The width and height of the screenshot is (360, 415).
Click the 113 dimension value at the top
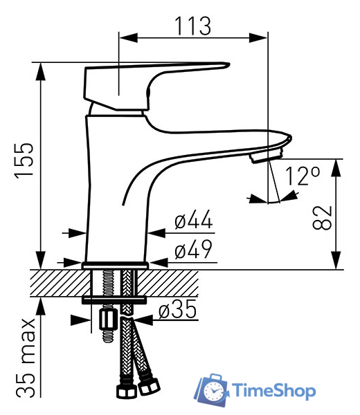193,26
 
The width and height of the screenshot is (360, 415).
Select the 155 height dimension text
24,160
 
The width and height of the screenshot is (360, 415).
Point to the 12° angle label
303,176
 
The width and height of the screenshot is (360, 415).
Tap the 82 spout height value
322,217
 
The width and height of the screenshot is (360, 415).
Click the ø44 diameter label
194,219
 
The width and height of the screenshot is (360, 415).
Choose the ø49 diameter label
194,249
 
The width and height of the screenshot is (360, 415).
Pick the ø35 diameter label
178,309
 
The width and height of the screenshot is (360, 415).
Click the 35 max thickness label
26,358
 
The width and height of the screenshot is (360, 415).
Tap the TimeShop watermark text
274,390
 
